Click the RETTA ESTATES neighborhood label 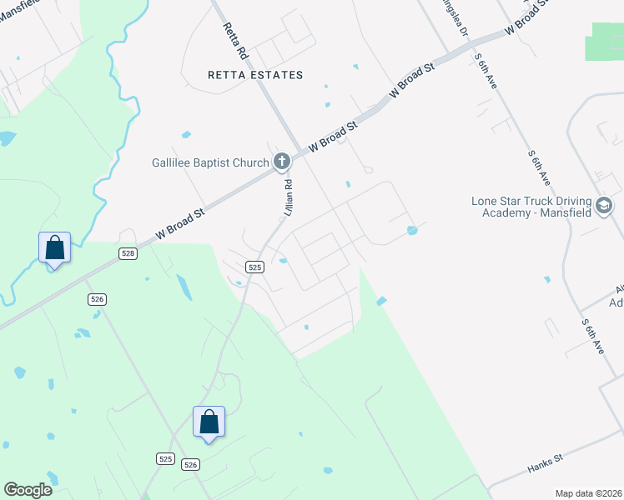[255, 75]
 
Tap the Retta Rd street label [235, 39]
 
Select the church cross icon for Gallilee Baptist [282, 162]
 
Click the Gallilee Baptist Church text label [210, 162]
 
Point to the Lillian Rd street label [288, 201]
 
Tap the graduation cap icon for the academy [604, 205]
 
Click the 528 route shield [127, 252]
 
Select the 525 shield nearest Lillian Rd [255, 267]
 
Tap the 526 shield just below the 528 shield [98, 299]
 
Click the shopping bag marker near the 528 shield [54, 248]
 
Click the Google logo [28, 490]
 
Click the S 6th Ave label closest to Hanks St [593, 337]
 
